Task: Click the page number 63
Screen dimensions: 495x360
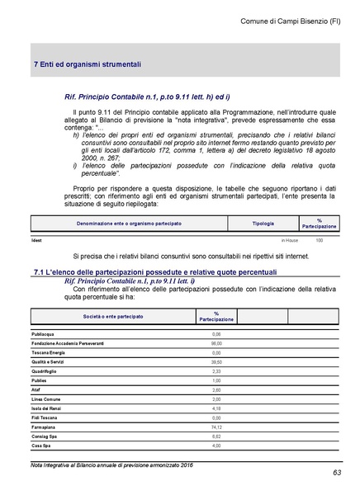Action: (x=337, y=472)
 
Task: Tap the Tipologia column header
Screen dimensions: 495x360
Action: (x=263, y=223)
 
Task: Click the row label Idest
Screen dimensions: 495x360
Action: (x=36, y=240)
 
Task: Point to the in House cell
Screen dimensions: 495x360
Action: (x=290, y=240)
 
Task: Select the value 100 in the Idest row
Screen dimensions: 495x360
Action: (x=319, y=240)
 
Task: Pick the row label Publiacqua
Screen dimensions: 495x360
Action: (x=44, y=333)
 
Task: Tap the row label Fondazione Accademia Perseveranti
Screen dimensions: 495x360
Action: (x=69, y=342)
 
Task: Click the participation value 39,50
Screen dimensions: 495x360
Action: (x=216, y=361)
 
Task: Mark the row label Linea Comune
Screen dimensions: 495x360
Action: (x=47, y=398)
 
